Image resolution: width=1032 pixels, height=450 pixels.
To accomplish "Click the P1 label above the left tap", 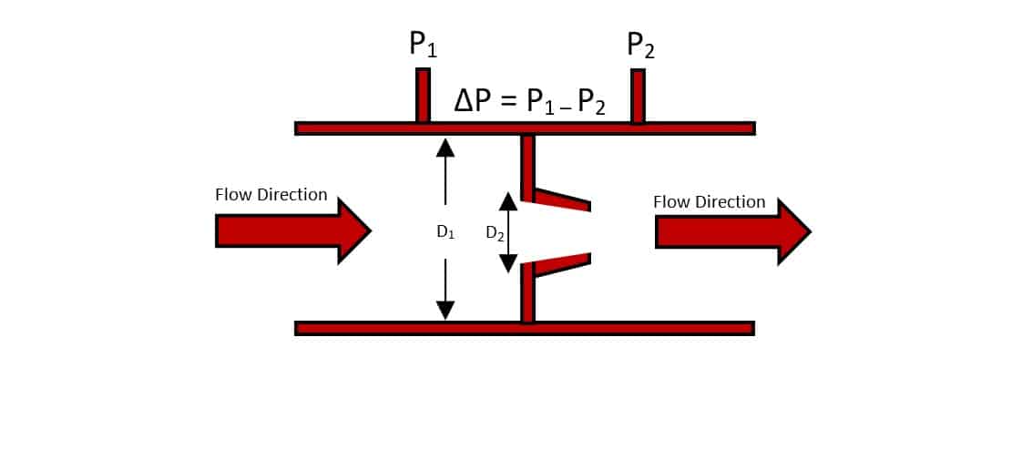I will (x=423, y=45).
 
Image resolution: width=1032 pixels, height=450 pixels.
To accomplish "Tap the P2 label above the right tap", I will (x=640, y=45).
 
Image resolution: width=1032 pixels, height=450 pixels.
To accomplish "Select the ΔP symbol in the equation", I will (x=475, y=100).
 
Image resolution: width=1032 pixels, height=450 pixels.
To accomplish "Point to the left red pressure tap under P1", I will (x=423, y=95).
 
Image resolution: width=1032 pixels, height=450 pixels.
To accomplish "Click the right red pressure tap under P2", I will (x=638, y=96).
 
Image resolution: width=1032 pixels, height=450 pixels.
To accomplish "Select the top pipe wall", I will (x=525, y=128).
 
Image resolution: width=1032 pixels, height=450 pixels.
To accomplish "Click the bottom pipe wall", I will (x=525, y=328).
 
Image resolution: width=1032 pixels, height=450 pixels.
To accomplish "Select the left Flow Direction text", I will (x=271, y=194).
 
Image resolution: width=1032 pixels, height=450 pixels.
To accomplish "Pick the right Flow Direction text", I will (x=710, y=201).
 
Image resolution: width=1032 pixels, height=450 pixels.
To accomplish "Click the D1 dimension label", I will (x=444, y=232).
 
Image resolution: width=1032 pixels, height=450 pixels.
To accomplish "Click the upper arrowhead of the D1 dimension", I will (x=444, y=147).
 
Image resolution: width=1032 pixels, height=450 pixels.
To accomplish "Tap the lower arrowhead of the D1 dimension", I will (x=444, y=310).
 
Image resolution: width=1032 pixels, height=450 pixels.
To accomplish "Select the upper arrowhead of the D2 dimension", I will (x=508, y=201).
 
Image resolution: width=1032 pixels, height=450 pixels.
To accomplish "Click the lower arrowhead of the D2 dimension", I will (x=508, y=264).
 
